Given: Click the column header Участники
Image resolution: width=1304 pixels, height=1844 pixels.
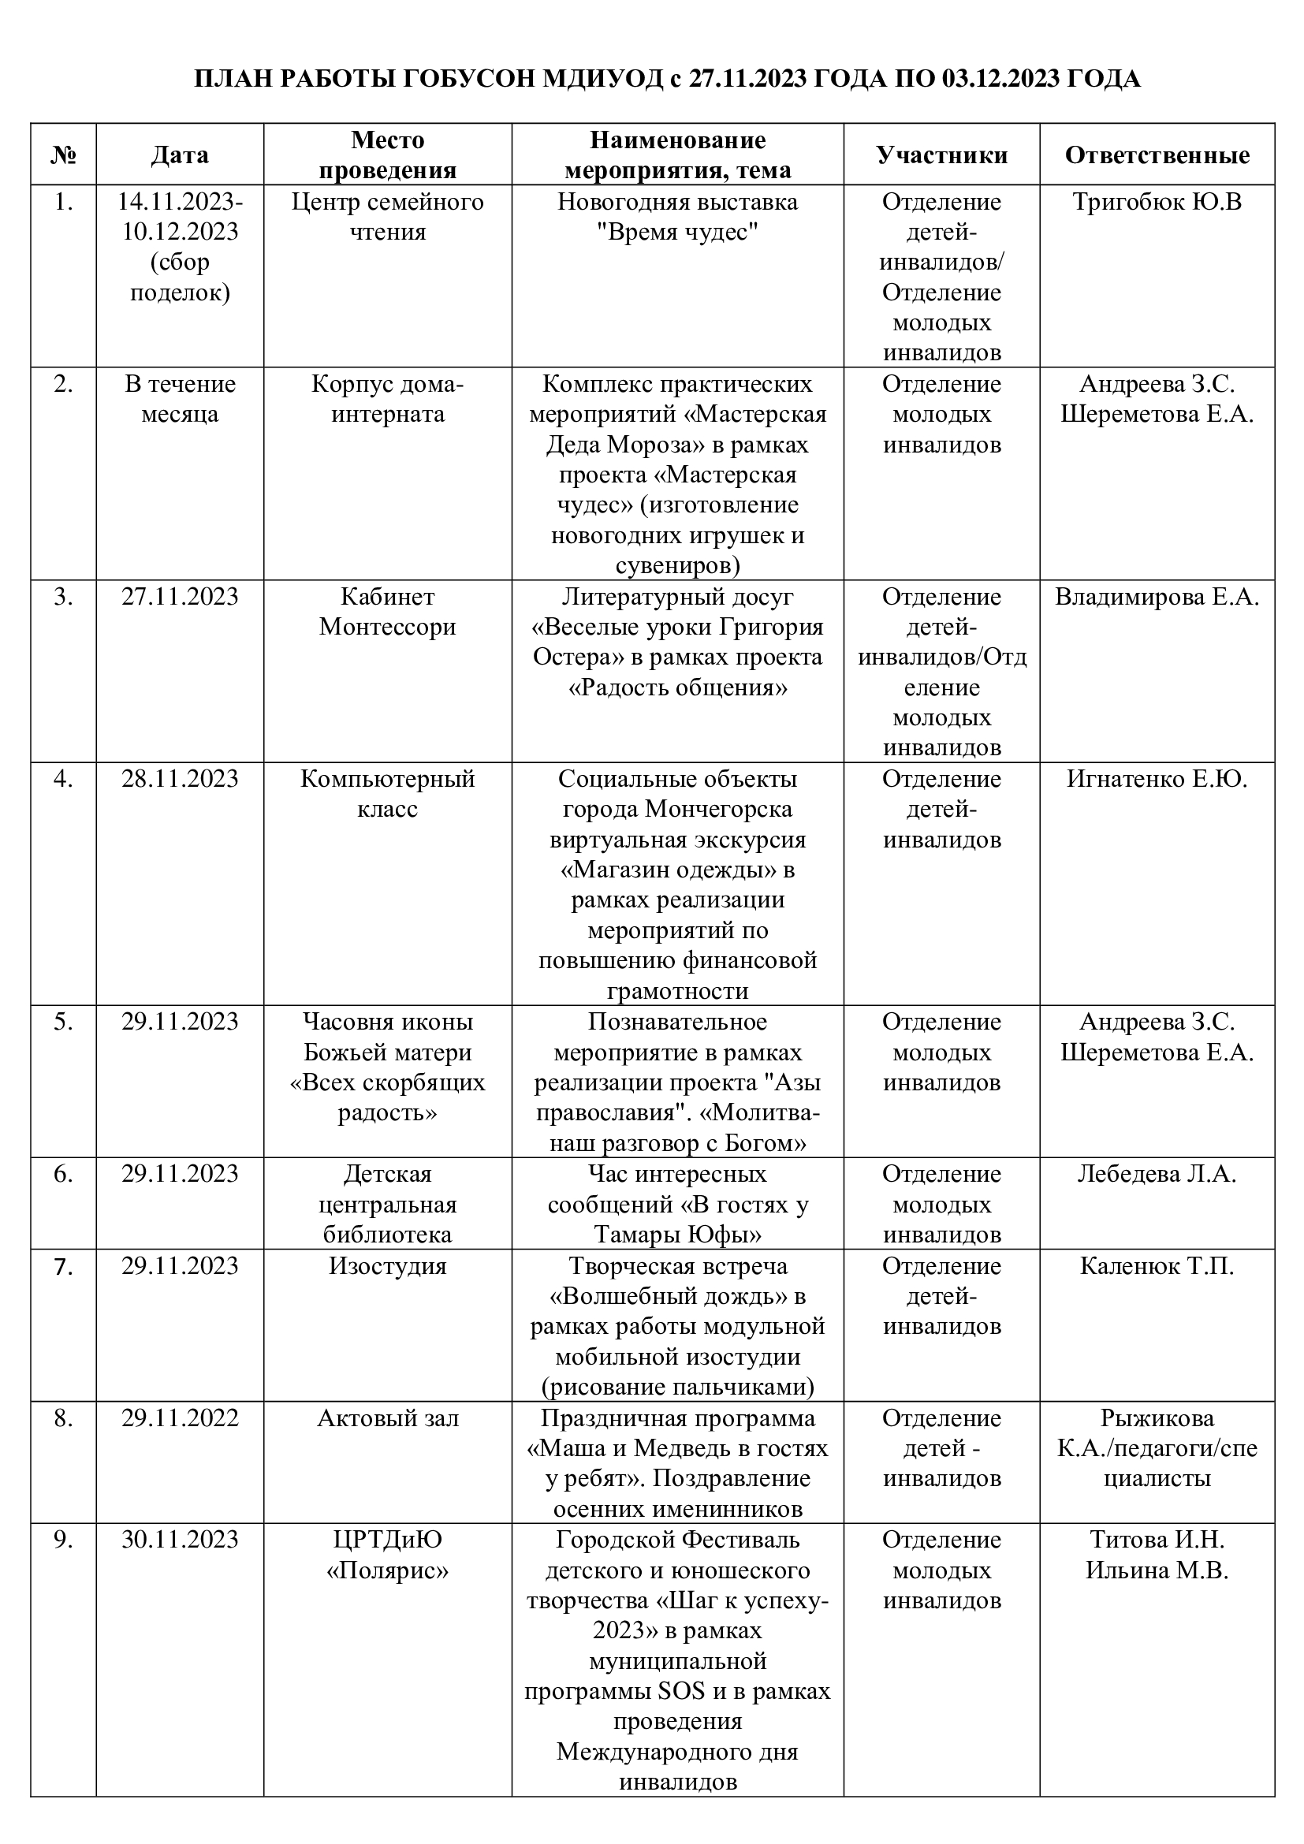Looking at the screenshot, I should pyautogui.click(x=941, y=155).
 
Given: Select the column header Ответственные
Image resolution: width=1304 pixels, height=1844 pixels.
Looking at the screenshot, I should pyautogui.click(x=1157, y=155).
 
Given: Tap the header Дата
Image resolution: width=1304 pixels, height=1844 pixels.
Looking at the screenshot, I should pyautogui.click(x=180, y=155).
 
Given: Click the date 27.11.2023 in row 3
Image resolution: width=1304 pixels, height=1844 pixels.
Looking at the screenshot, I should pyautogui.click(x=180, y=597).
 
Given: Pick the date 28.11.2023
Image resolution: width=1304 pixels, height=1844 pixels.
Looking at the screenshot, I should pyautogui.click(x=180, y=779).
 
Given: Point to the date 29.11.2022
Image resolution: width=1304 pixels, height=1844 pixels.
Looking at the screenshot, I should pyautogui.click(x=180, y=1418).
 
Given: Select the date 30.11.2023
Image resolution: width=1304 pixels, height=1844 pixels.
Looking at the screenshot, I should pyautogui.click(x=180, y=1540).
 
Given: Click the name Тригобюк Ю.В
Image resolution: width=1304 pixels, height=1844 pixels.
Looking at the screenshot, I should pyautogui.click(x=1157, y=202).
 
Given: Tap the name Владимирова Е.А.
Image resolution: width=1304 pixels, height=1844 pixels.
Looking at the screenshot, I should pyautogui.click(x=1157, y=597).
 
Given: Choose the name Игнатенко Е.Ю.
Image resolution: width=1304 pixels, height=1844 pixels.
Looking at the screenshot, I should pyautogui.click(x=1157, y=779).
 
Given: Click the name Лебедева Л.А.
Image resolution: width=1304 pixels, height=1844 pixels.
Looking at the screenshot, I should pyautogui.click(x=1157, y=1174).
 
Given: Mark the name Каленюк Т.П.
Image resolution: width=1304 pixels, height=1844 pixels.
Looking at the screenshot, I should pyautogui.click(x=1157, y=1267).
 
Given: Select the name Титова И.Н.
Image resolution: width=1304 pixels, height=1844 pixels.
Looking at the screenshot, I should pyautogui.click(x=1157, y=1540).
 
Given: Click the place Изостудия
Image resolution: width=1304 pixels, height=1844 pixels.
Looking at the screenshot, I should pyautogui.click(x=387, y=1267).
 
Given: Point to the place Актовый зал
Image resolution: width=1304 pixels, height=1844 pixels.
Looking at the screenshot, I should pyautogui.click(x=387, y=1418).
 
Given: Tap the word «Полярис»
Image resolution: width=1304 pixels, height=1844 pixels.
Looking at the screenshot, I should pyautogui.click(x=387, y=1570).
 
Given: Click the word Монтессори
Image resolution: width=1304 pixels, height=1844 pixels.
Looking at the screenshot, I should pyautogui.click(x=387, y=628).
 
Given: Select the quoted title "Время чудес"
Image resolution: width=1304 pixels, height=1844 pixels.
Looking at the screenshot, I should pyautogui.click(x=678, y=232).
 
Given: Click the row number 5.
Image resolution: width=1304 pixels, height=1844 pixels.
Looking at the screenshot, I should pyautogui.click(x=63, y=1022).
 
